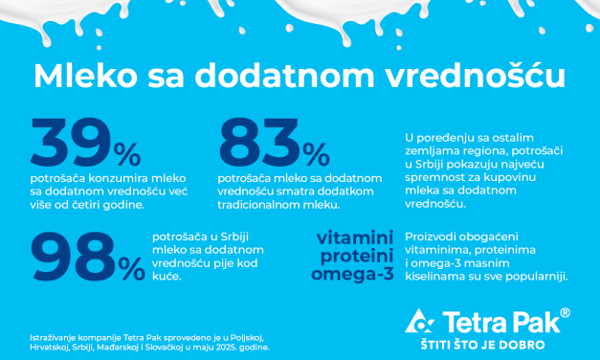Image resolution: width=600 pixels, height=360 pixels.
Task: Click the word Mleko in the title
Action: coord(78,77)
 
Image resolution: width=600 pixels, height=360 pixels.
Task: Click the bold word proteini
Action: coord(346,256)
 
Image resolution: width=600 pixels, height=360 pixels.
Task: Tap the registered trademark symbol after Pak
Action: coord(565,313)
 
